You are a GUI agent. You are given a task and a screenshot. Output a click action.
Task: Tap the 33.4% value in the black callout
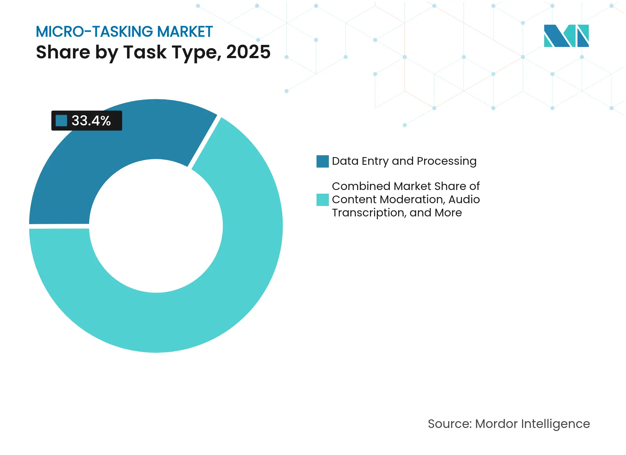point(91,121)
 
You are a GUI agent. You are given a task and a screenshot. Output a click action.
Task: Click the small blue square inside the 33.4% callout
point(61,121)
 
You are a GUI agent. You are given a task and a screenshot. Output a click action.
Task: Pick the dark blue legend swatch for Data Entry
point(322,161)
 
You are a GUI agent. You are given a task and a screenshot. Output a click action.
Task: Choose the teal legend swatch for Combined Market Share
point(322,200)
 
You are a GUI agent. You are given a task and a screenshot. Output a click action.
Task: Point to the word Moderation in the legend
point(412,200)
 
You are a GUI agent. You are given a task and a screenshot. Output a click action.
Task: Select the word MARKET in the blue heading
point(185,32)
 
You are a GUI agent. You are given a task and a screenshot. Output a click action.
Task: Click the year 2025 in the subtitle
point(248,52)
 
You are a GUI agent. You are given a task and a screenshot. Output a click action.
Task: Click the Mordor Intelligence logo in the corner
point(566,36)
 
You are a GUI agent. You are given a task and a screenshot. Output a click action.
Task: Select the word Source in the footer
point(449,424)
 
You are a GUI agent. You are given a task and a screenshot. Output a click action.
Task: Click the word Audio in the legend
point(464,200)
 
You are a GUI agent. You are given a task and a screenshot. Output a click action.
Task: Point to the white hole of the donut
point(156,226)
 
